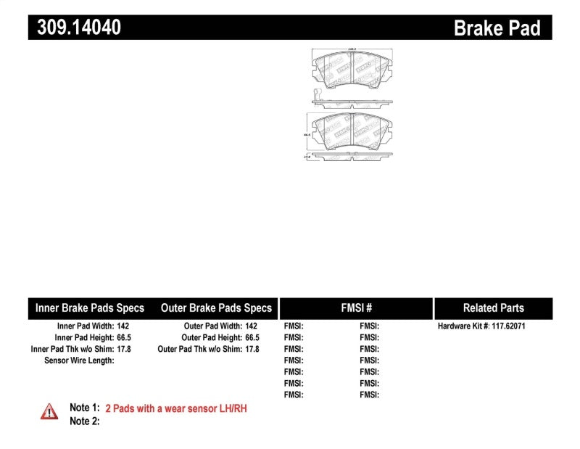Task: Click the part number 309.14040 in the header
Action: (75, 28)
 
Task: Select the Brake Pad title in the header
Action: (497, 28)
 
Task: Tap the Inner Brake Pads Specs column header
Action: (90, 308)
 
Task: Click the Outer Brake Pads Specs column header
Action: (216, 308)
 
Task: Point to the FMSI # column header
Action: (356, 308)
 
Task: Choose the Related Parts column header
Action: (493, 308)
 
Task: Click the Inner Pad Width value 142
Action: (123, 326)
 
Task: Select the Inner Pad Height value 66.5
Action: (125, 338)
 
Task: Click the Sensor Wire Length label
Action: (79, 361)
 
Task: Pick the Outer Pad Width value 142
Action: (252, 326)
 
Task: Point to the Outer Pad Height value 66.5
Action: (252, 338)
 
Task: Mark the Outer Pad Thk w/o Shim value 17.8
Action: (252, 349)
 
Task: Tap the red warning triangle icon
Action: (49, 411)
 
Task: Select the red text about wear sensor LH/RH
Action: (176, 408)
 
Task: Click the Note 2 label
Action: (84, 421)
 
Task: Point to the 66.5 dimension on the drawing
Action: (307, 134)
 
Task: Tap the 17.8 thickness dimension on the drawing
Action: (307, 155)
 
